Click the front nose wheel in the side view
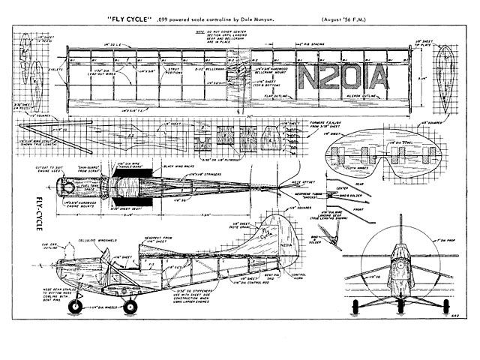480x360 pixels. pyautogui.click(x=76, y=307)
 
